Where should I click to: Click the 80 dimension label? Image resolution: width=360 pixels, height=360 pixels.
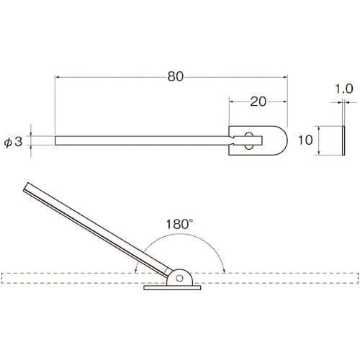(x=176, y=76)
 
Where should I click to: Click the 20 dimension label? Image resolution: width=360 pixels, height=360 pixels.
(x=258, y=102)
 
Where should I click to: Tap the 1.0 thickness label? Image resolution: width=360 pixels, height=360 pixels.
(x=343, y=89)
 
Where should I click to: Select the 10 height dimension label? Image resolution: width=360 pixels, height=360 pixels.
(x=305, y=140)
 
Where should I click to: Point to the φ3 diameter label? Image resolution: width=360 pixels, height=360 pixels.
(x=13, y=141)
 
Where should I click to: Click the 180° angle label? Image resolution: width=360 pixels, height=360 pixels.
(x=179, y=224)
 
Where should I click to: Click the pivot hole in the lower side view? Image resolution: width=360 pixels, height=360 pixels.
(x=179, y=279)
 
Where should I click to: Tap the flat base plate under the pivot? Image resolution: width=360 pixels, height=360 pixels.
(x=172, y=288)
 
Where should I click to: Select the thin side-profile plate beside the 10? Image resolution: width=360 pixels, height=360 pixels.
(x=343, y=140)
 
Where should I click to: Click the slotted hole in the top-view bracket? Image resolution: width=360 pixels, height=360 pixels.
(x=249, y=140)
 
